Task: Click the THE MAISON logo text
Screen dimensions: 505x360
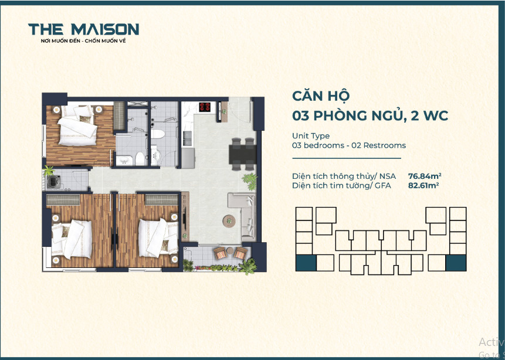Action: click(x=84, y=29)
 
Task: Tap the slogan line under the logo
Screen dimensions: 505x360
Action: click(x=83, y=41)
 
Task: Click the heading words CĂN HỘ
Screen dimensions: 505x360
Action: click(x=321, y=96)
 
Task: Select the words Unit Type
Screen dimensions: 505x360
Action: click(x=311, y=136)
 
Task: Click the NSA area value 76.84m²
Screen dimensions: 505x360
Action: click(x=425, y=176)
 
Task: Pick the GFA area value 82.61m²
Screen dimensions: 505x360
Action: click(x=423, y=185)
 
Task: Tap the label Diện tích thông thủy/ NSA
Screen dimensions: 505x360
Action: click(x=344, y=176)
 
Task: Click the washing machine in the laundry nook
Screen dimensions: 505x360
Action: click(x=52, y=182)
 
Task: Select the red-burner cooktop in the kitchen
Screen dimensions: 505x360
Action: click(x=205, y=107)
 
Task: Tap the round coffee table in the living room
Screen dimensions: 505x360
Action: click(x=229, y=221)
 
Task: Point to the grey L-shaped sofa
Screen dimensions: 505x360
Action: click(x=243, y=216)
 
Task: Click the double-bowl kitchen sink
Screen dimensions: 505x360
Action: click(x=187, y=138)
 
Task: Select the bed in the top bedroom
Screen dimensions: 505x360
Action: click(x=77, y=125)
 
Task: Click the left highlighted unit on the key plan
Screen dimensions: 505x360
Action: click(x=306, y=263)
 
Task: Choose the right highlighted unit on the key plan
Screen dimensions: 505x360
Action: click(x=456, y=263)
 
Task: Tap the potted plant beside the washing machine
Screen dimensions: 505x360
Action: click(x=48, y=171)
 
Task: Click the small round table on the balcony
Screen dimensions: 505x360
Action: click(x=230, y=250)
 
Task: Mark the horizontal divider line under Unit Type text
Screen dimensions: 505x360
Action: click(x=347, y=158)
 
